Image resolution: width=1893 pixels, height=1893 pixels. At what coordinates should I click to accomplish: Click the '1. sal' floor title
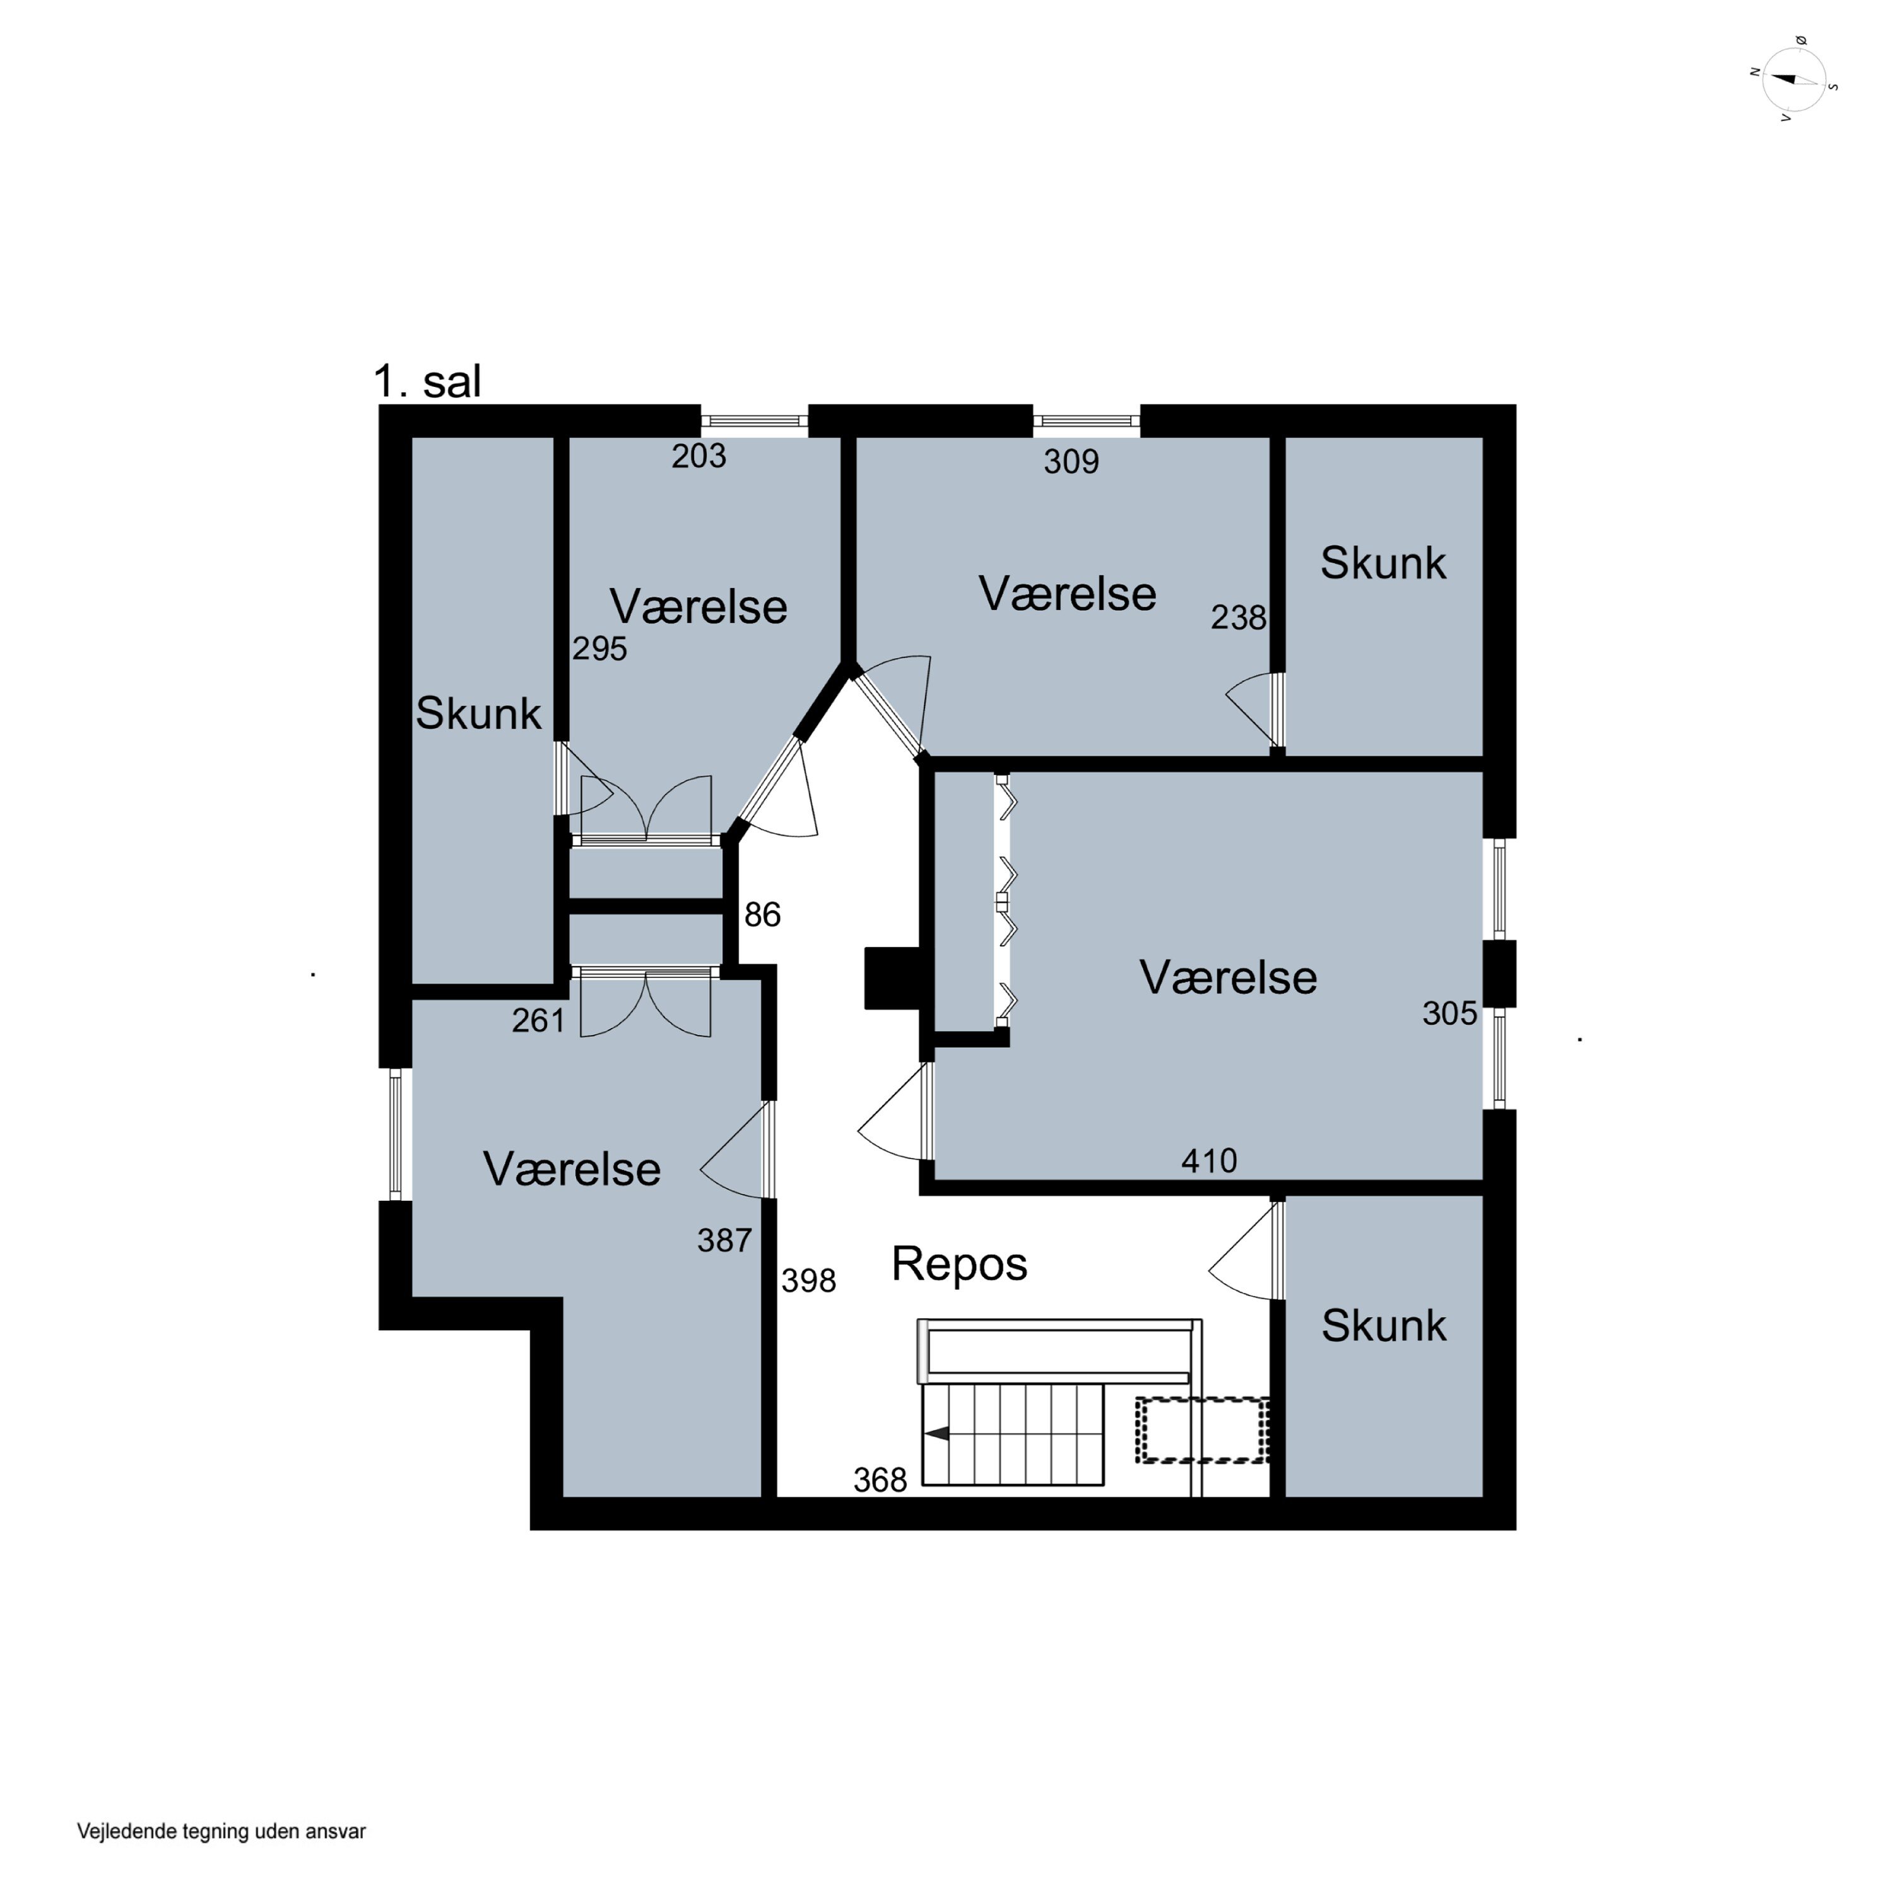click(x=427, y=381)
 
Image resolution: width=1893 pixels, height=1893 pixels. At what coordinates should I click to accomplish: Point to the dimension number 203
click(x=699, y=456)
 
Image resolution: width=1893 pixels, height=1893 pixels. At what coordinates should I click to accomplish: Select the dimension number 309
click(x=1071, y=461)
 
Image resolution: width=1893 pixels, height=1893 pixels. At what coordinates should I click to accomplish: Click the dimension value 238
click(x=1239, y=617)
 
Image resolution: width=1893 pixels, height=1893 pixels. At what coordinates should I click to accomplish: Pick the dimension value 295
click(x=599, y=649)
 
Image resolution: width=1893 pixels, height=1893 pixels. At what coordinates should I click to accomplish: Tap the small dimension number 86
click(x=762, y=915)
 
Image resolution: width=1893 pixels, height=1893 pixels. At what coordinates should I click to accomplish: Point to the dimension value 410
click(x=1209, y=1161)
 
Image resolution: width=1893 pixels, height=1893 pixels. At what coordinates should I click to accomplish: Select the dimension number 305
click(x=1450, y=1013)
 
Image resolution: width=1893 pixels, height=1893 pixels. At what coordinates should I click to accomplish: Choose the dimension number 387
click(x=725, y=1241)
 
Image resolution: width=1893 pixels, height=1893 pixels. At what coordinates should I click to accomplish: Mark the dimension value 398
click(x=808, y=1281)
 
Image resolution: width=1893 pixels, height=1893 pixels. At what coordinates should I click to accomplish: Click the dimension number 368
click(x=880, y=1480)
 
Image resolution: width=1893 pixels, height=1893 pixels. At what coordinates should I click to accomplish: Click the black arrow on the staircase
click(x=938, y=1434)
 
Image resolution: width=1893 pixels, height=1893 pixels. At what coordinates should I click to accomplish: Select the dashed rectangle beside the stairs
click(x=1202, y=1430)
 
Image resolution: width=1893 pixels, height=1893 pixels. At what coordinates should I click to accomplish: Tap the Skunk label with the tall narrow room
click(x=478, y=713)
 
